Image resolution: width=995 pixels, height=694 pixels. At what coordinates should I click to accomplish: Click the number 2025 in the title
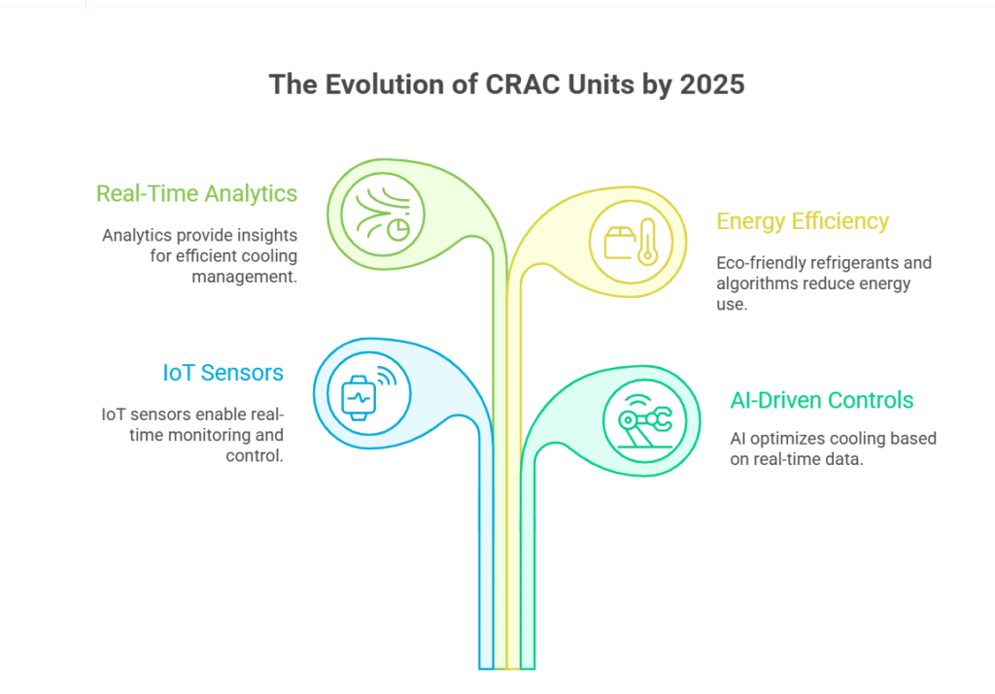pos(712,84)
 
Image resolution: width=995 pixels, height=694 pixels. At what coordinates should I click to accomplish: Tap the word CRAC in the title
pos(523,84)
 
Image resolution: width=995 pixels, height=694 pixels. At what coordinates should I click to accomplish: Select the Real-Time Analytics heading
pos(196,194)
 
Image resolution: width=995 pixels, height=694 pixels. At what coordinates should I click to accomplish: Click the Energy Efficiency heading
pos(802,221)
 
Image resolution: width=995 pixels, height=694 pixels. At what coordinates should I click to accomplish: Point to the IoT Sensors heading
pos(223,373)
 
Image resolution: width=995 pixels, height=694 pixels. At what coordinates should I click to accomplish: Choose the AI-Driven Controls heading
pos(822,400)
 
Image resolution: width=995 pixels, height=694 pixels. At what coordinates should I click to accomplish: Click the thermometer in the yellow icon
pos(647,242)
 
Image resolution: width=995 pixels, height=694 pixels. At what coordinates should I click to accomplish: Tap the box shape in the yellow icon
pos(619,244)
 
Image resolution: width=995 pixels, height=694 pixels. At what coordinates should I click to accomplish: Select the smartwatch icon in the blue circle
pos(359,398)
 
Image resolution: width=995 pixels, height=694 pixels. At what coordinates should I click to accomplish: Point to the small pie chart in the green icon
pos(398,229)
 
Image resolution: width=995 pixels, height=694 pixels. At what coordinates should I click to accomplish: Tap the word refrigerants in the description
pos(841,262)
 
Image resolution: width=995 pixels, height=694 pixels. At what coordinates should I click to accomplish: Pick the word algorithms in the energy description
pos(753,283)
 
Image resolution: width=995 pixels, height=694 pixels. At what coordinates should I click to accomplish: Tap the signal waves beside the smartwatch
pos(387,376)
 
